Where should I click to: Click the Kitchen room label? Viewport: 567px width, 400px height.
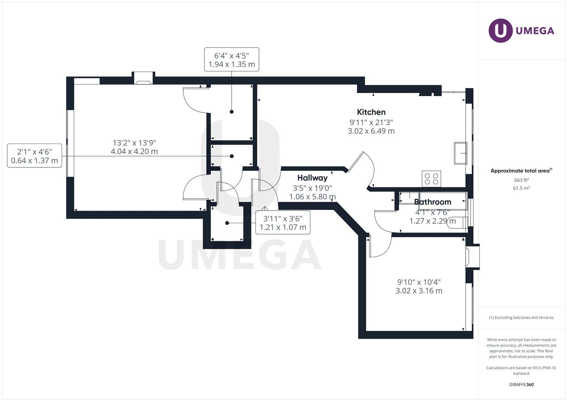pos(371,112)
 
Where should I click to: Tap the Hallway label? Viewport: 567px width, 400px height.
pos(312,178)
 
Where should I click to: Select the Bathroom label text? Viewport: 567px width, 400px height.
pos(433,202)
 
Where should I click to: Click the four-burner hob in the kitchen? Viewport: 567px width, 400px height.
pos(431,179)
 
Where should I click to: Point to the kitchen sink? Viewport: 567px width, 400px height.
pos(460,153)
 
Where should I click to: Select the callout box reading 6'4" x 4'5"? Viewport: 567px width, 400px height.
pos(231,60)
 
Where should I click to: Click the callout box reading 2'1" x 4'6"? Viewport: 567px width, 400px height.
pos(34,156)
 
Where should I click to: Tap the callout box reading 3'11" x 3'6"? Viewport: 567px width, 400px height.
pos(283,222)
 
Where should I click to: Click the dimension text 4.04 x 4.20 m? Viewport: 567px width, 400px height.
pos(134,151)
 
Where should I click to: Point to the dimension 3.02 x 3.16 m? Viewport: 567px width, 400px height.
pos(419,290)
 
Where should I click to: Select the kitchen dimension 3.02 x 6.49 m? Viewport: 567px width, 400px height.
pos(371,131)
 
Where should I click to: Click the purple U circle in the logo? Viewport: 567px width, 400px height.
pos(500,30)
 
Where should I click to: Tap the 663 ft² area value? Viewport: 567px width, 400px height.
pos(521,180)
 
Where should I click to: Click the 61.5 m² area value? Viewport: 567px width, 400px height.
pos(521,188)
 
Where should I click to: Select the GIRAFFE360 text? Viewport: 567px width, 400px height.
pos(521,384)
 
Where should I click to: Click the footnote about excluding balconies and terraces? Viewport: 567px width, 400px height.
pos(521,317)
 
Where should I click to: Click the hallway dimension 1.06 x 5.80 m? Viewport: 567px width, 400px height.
pos(312,196)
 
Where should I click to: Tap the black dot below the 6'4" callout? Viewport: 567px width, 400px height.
pos(232,112)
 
